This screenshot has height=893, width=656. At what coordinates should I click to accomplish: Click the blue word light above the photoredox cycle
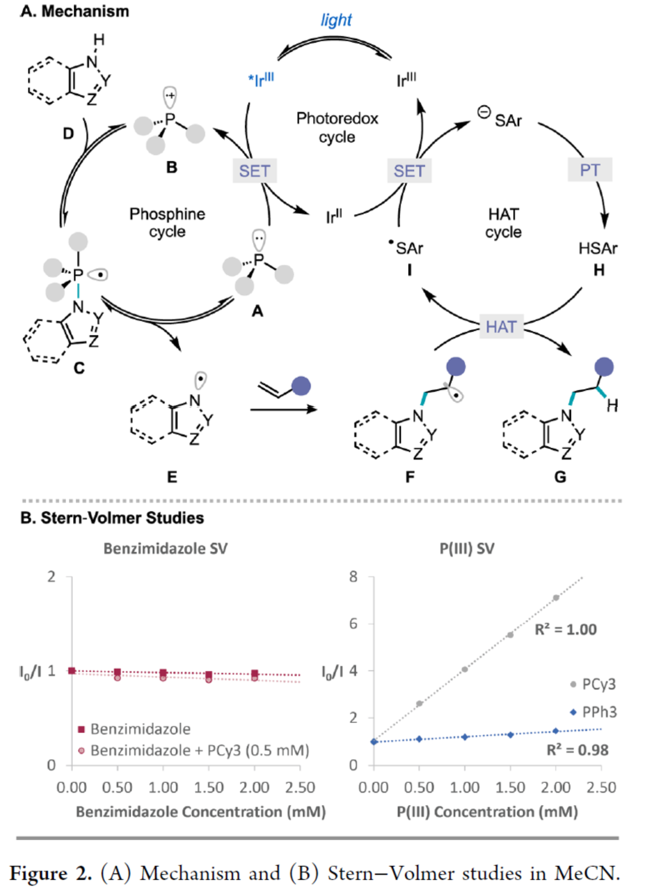(x=336, y=20)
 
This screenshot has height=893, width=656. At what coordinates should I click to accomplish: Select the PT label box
(x=589, y=170)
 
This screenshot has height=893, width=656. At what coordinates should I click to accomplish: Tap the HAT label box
(x=501, y=327)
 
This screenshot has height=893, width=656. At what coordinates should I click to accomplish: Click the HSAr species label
(x=598, y=248)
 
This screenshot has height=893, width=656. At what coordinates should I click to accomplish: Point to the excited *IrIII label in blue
(x=261, y=79)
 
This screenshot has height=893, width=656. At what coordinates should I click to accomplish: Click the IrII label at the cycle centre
(x=334, y=216)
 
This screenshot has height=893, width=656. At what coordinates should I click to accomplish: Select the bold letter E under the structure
(x=172, y=477)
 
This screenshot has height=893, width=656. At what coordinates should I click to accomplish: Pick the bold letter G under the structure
(x=560, y=477)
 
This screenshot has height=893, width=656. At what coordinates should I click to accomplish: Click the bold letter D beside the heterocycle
(x=68, y=133)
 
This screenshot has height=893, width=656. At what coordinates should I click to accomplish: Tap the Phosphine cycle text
(x=167, y=222)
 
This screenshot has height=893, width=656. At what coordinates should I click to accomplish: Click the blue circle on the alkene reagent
(x=301, y=385)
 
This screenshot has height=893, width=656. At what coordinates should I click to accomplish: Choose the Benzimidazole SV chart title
(x=165, y=549)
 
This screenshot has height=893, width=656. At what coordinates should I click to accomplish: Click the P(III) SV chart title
(x=466, y=549)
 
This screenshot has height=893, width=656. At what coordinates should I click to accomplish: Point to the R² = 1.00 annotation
(x=565, y=629)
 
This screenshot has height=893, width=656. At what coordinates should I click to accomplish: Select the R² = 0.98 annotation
(x=577, y=750)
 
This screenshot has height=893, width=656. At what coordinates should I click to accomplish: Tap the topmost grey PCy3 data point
(x=556, y=598)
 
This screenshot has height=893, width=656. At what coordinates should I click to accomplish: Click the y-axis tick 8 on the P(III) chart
(x=354, y=577)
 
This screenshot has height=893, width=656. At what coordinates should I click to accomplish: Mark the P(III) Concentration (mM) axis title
(x=487, y=812)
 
